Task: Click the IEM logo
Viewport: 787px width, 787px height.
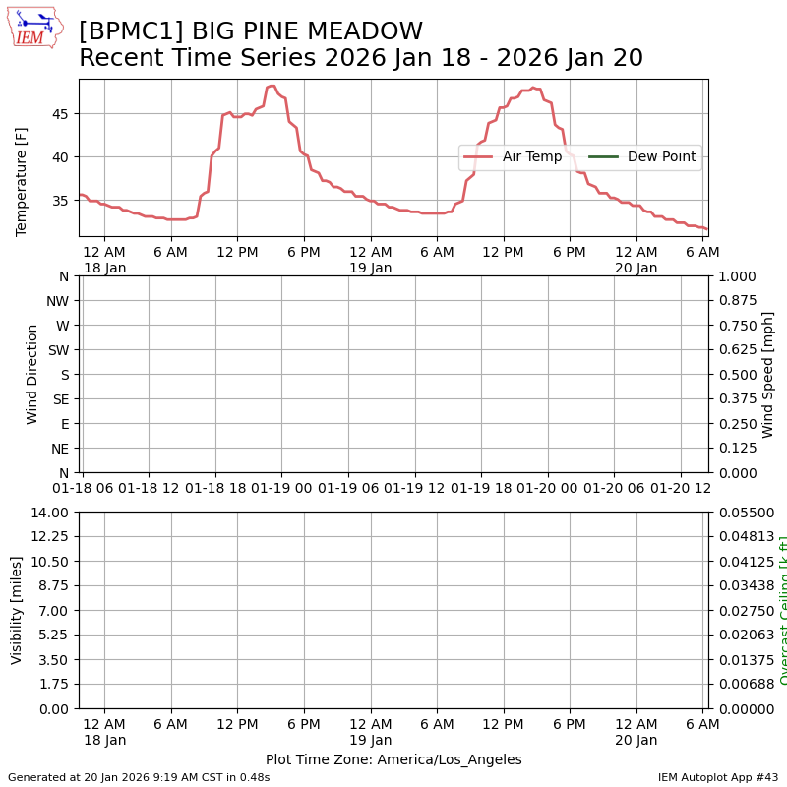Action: coord(34,28)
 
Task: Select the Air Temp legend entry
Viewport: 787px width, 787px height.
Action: coord(513,156)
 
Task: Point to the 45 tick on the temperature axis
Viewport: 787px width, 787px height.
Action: coord(61,114)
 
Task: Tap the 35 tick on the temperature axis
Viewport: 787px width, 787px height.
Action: coord(61,201)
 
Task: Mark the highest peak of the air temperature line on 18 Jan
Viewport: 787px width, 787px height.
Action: coord(272,87)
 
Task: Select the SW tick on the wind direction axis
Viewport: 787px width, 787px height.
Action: coord(58,350)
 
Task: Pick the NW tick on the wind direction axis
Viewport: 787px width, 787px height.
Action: coord(57,301)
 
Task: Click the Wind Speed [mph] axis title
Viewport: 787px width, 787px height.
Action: coord(768,375)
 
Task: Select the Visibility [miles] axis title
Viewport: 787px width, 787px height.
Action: coord(17,610)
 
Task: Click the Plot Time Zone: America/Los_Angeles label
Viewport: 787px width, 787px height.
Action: coord(393,760)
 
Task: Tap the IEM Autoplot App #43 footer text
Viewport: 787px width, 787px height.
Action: coord(718,777)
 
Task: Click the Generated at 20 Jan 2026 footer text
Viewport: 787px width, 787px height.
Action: coord(139,777)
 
